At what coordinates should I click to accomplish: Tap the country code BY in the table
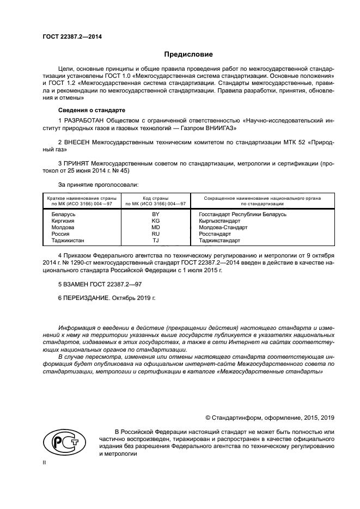coord(155,215)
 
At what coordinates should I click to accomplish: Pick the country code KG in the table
coord(155,222)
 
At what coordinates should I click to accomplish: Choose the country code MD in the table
coord(155,228)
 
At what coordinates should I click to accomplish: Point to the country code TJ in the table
coord(155,240)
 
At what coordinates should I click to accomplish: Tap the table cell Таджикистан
coord(68,240)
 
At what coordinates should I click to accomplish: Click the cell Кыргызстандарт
coord(220,222)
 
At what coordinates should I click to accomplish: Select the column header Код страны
coord(155,199)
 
